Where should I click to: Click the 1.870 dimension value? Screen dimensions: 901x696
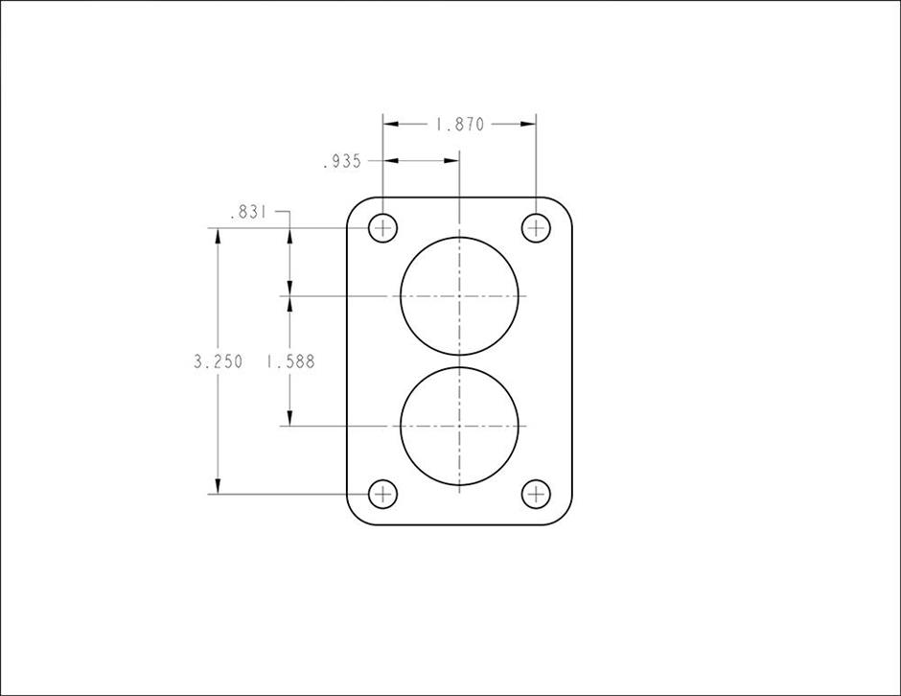[460, 124]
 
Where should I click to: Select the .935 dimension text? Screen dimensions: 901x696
[342, 162]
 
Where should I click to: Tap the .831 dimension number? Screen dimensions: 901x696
[248, 213]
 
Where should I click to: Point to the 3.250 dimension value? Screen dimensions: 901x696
[219, 361]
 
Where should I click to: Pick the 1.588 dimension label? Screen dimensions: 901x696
[290, 361]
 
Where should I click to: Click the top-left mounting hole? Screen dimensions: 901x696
[382, 228]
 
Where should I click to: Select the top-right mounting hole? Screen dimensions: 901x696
[536, 228]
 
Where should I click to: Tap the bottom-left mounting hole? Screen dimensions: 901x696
[382, 494]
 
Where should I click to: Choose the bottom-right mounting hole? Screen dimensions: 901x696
[536, 494]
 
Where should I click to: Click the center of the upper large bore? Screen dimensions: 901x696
[459, 296]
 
